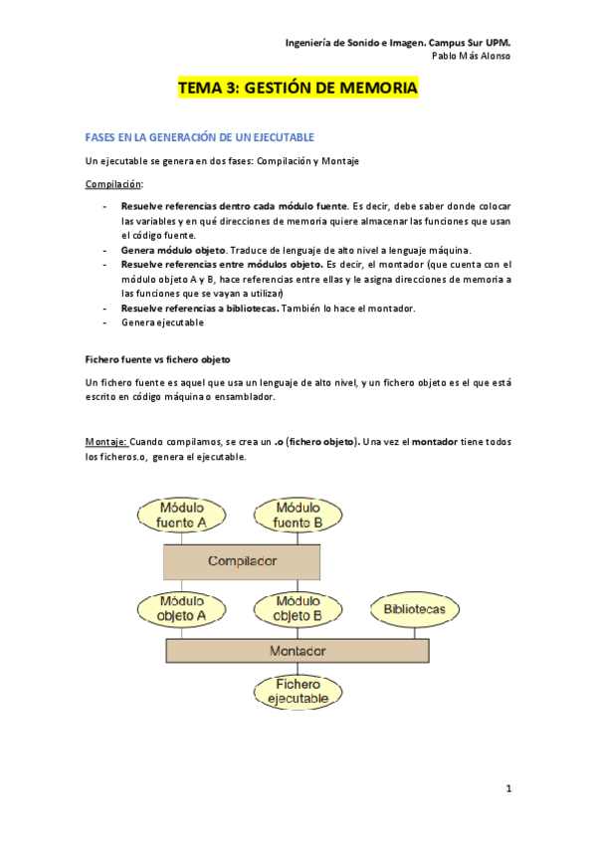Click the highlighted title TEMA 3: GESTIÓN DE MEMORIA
click(298, 89)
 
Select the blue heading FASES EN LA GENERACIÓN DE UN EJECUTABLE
click(200, 136)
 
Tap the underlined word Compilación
click(113, 184)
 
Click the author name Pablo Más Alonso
click(471, 56)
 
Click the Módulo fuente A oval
click(183, 515)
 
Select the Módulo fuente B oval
click(297, 515)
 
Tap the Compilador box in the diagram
click(242, 561)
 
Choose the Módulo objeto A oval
click(183, 608)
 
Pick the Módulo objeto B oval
click(297, 608)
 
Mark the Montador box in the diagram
click(298, 651)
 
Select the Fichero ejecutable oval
click(297, 692)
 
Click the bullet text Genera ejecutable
click(162, 322)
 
